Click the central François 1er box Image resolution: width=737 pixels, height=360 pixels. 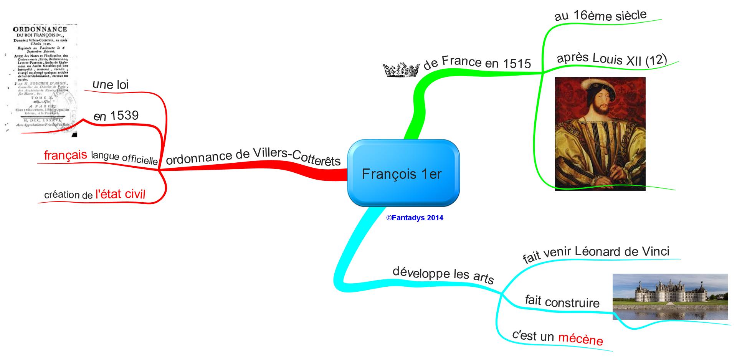click(403, 173)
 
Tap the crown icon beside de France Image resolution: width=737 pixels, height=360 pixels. click(401, 70)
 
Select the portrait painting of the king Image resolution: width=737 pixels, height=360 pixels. click(600, 134)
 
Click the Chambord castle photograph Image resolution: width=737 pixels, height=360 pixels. click(670, 296)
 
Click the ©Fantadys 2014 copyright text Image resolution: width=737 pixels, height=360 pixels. click(415, 218)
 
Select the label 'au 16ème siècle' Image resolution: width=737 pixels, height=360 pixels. click(600, 16)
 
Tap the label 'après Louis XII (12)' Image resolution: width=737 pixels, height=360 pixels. click(612, 59)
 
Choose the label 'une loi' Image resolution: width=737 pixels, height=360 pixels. click(111, 84)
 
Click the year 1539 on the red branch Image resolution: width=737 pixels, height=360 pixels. click(124, 115)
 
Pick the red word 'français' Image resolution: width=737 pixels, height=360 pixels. click(66, 155)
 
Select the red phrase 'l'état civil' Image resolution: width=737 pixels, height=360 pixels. click(120, 194)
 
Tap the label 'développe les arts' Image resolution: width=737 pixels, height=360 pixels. click(443, 274)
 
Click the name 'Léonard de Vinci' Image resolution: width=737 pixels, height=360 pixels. click(622, 252)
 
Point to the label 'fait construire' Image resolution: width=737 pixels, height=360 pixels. click(562, 302)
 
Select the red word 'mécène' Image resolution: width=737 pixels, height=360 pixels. click(580, 339)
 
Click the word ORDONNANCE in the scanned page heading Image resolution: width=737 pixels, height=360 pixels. click(40, 29)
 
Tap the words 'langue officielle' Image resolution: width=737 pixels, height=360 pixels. click(124, 157)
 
